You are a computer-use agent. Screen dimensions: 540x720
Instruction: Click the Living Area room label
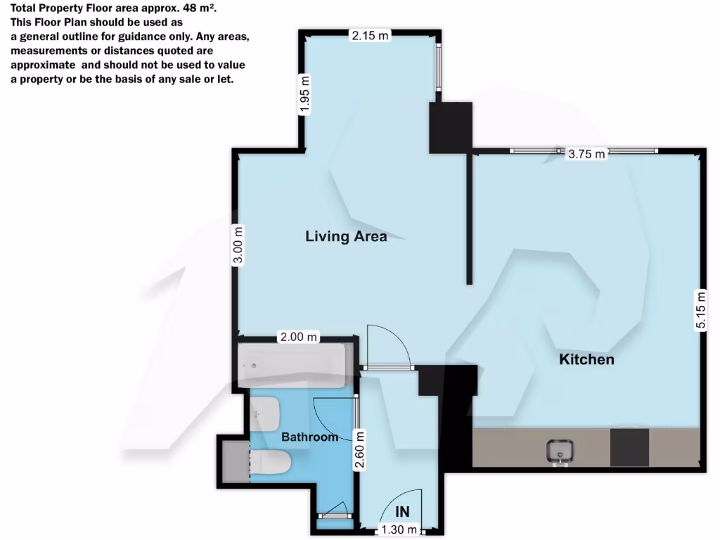[346, 236]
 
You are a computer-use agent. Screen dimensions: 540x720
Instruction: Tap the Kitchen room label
[586, 359]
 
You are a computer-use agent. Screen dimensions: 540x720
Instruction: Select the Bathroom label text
[309, 437]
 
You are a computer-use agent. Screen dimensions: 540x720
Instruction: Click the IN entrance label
[403, 511]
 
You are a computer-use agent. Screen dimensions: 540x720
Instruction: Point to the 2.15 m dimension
[370, 36]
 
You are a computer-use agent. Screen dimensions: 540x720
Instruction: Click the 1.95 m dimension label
[304, 94]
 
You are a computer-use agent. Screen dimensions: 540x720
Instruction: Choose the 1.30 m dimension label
[399, 529]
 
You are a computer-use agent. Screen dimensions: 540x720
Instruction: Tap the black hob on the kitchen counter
[629, 448]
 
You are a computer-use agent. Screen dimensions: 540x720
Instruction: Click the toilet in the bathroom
[271, 463]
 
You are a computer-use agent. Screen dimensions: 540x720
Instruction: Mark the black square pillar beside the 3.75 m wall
[450, 127]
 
